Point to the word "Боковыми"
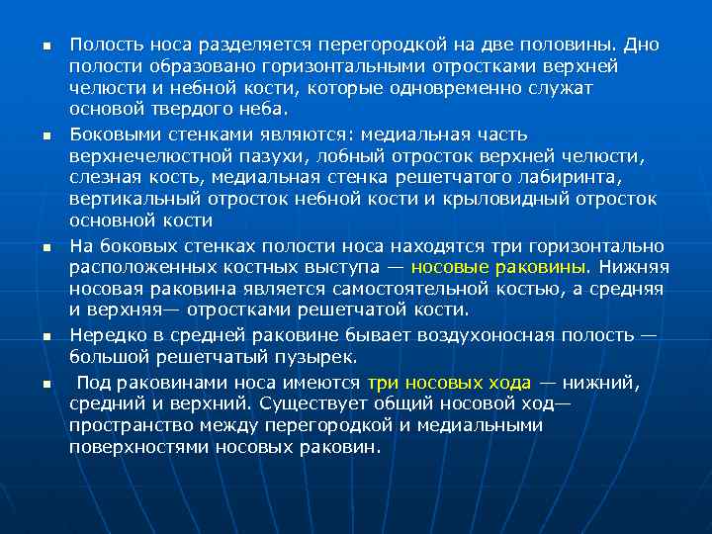[x=108, y=133]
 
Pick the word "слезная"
[x=104, y=178]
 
